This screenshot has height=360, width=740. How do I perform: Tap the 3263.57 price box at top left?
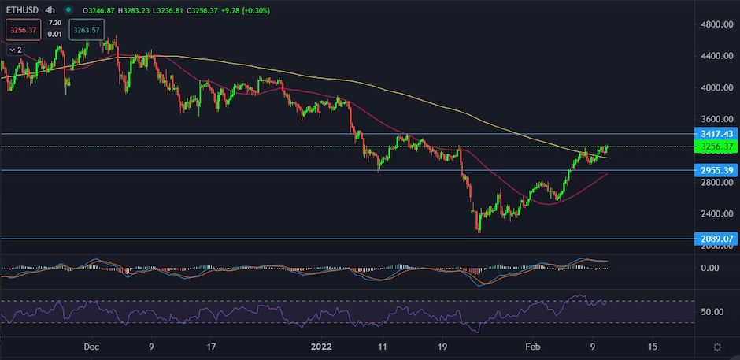(87, 31)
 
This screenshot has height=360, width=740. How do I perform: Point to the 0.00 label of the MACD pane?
(710, 268)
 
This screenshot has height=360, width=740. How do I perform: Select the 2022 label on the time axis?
(322, 347)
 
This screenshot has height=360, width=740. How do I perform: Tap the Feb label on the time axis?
(533, 347)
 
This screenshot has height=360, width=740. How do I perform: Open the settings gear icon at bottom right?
(716, 347)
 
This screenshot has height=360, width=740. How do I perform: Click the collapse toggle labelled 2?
(15, 49)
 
